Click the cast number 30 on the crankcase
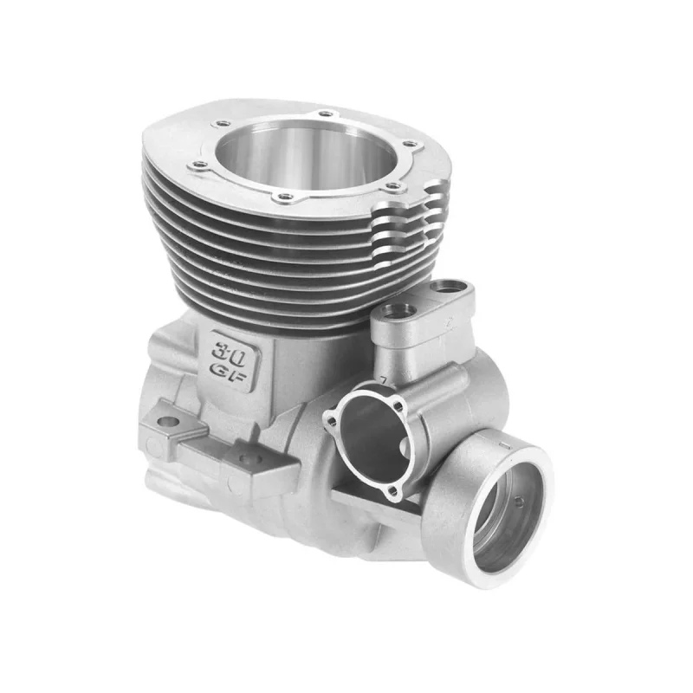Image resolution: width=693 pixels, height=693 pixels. point(229,353)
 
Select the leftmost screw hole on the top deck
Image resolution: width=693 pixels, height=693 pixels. point(198,165)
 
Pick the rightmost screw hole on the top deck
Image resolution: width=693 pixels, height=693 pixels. point(411,144)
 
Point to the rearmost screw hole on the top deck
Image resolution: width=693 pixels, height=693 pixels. point(326,113)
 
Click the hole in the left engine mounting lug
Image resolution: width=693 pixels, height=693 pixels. point(168,421)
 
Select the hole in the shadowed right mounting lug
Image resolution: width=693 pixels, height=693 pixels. point(249,458)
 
